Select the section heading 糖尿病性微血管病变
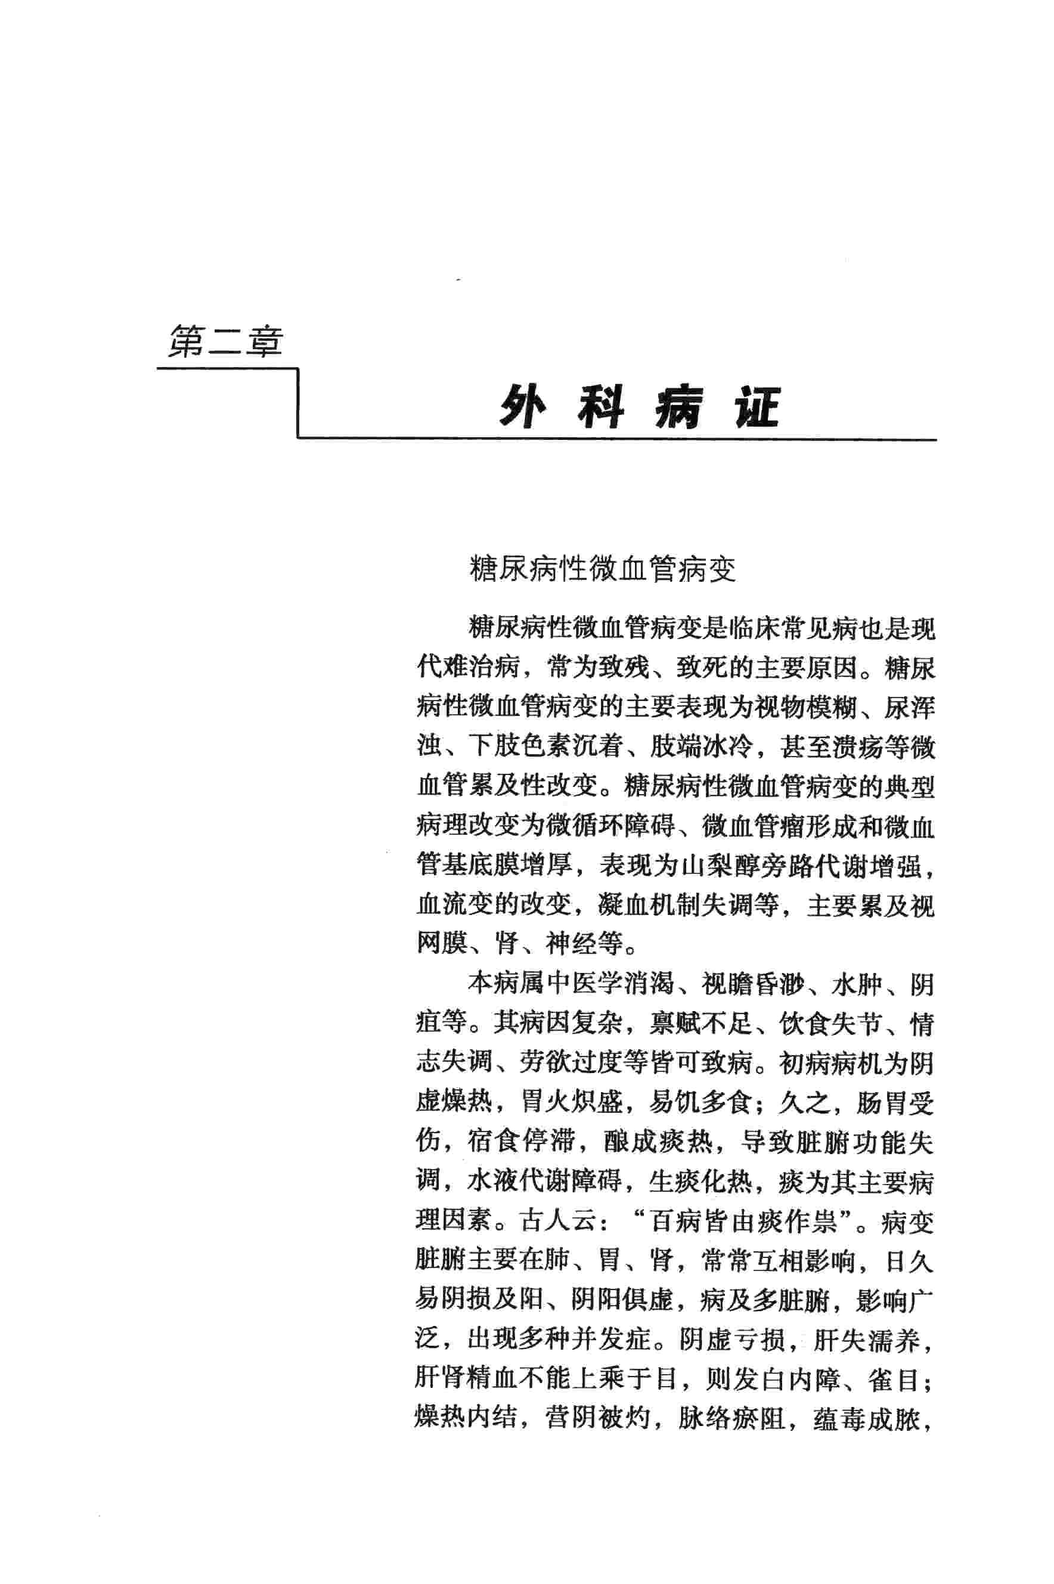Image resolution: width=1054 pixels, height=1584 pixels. pyautogui.click(x=602, y=570)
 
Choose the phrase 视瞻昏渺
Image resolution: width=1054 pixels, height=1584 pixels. pyautogui.click(x=753, y=985)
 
